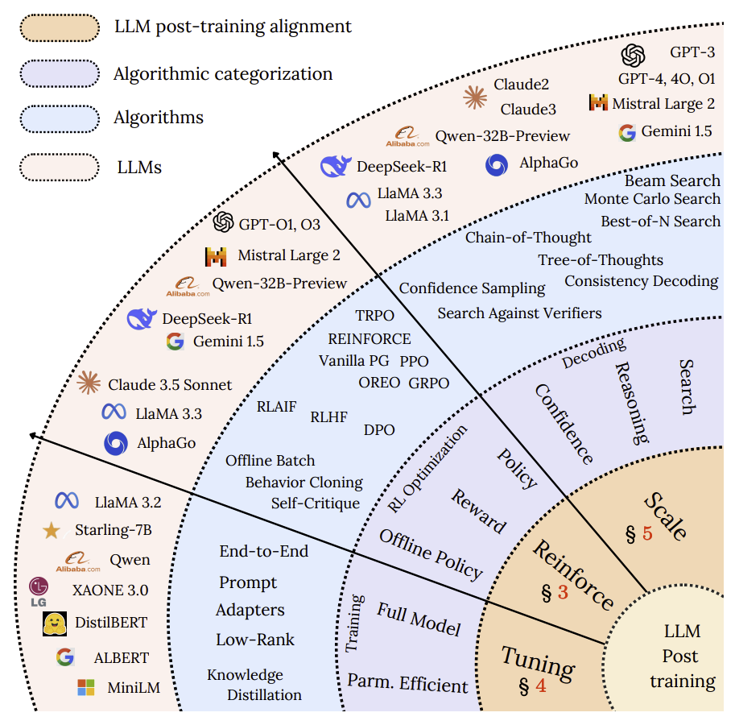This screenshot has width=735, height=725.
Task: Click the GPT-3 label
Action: (692, 52)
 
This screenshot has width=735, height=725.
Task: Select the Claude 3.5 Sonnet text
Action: (170, 385)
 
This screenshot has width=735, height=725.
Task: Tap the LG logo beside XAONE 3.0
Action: (39, 592)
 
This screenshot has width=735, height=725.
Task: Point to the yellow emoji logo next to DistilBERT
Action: (55, 623)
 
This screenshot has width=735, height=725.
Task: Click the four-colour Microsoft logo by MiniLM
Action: (86, 687)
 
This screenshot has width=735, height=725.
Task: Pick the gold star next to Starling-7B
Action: (51, 531)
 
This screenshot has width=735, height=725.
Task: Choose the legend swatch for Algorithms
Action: (60, 119)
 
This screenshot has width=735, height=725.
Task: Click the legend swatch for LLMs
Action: (60, 168)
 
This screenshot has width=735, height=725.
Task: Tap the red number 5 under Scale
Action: (647, 533)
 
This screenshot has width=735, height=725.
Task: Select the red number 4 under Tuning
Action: (541, 686)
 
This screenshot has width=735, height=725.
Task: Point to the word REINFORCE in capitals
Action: (369, 338)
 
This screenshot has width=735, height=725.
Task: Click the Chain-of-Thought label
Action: (528, 238)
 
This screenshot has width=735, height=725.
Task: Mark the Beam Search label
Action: (672, 180)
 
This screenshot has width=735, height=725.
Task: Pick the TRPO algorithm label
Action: (374, 316)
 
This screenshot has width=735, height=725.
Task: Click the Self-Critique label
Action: (316, 503)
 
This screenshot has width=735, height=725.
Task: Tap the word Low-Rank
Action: (255, 640)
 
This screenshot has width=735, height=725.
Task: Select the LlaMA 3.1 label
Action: (417, 216)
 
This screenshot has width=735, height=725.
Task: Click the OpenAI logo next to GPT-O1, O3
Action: (223, 222)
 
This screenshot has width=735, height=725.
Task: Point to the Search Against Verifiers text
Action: (519, 313)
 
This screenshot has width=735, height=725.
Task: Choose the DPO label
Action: (379, 430)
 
